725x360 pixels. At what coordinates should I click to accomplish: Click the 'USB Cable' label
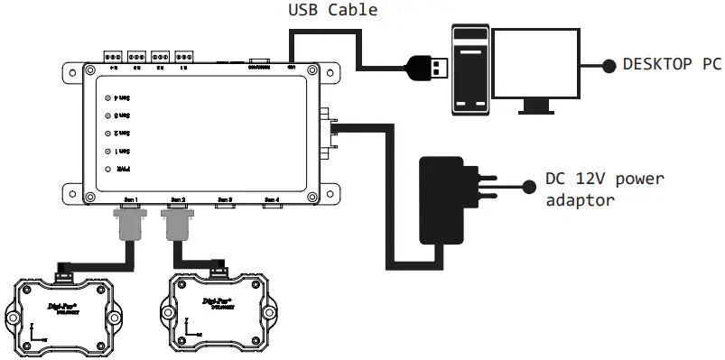pyautogui.click(x=333, y=11)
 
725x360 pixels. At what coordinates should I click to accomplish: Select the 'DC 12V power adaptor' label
pyautogui.click(x=604, y=189)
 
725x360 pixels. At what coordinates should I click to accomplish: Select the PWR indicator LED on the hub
pyautogui.click(x=107, y=169)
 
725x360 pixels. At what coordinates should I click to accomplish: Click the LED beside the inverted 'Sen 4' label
pyautogui.click(x=107, y=97)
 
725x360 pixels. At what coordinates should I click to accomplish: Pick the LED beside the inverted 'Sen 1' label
pyautogui.click(x=107, y=151)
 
